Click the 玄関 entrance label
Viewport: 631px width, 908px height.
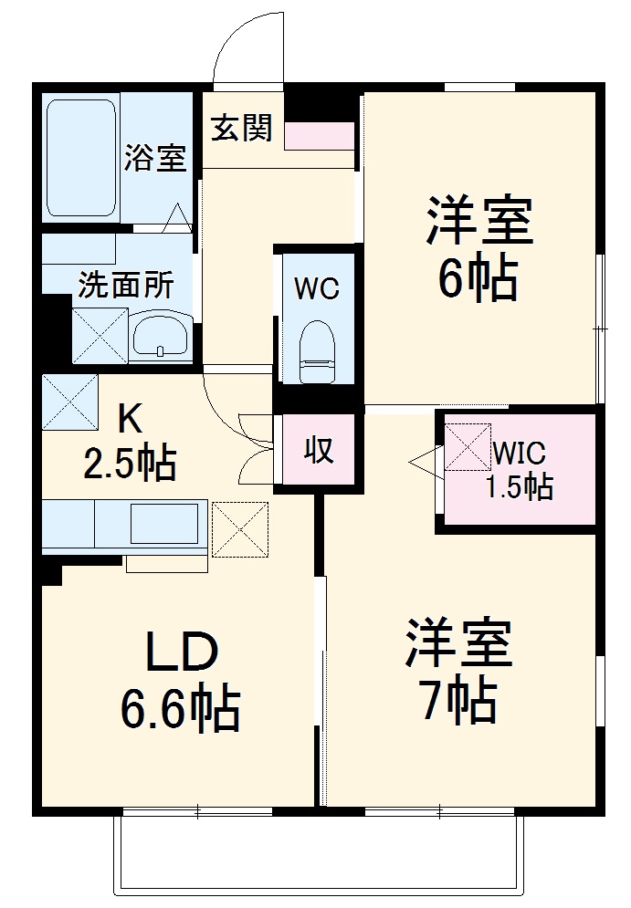[x=243, y=129]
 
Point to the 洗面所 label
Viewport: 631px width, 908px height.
[x=125, y=286]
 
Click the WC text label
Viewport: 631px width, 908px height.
[x=317, y=288]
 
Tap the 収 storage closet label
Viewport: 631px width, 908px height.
[x=318, y=450]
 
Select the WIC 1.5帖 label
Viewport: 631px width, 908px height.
[x=519, y=469]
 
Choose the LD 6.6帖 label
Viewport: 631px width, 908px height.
[x=181, y=680]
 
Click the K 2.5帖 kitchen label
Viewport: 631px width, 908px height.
[x=131, y=443]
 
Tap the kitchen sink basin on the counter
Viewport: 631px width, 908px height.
[x=165, y=525]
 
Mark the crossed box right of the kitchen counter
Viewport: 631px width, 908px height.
[x=240, y=528]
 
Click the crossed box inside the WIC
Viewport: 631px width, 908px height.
[x=468, y=447]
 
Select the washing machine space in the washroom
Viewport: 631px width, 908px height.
[x=100, y=333]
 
